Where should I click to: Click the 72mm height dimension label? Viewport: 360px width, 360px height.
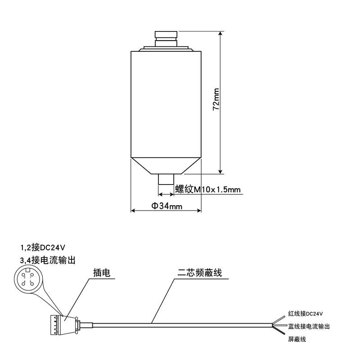pos(216,99)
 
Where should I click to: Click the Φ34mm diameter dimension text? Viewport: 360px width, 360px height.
pos(166,206)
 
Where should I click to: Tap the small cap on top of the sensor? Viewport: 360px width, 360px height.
pos(166,35)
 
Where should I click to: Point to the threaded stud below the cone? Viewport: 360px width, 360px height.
pos(166,179)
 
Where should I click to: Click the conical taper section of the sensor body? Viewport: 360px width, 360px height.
pos(166,165)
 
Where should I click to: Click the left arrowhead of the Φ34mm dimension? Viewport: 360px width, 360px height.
pos(134,210)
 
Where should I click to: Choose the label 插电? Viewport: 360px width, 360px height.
pos(102,273)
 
